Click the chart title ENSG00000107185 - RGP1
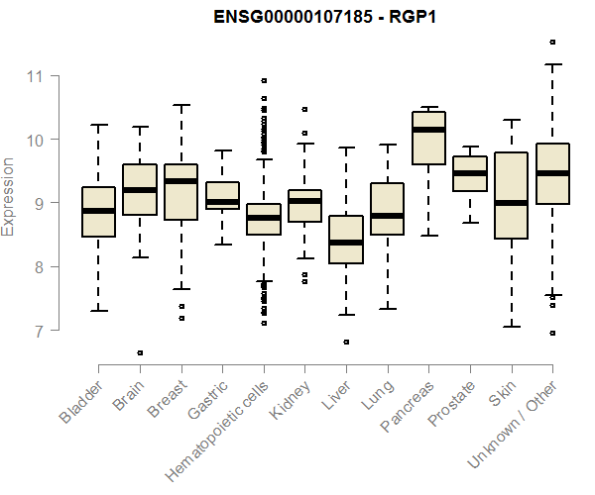coord(325,17)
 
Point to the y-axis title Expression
coord(9,196)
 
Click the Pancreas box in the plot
coord(428,139)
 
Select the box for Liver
coord(346,240)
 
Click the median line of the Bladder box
coord(98,211)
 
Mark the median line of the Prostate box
coord(470,173)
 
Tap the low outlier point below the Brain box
coord(140,352)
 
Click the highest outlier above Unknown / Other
coord(552,42)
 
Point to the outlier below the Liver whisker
coord(346,342)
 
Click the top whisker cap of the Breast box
coord(180,105)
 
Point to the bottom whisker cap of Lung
coord(388,309)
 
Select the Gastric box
coord(222,195)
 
